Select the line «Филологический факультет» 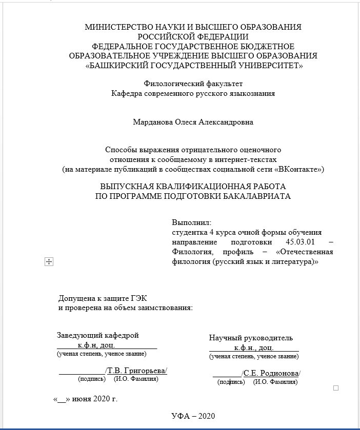click(x=193, y=83)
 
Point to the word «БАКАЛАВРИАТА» click(x=250, y=196)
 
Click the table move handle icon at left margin click(x=49, y=262)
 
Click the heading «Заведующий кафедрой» click(x=98, y=336)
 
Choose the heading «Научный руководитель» click(x=251, y=338)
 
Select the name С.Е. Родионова click(x=271, y=373)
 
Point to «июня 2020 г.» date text click(x=95, y=399)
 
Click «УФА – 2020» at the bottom click(x=193, y=416)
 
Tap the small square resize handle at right click(x=336, y=388)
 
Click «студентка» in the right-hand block click(x=189, y=232)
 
